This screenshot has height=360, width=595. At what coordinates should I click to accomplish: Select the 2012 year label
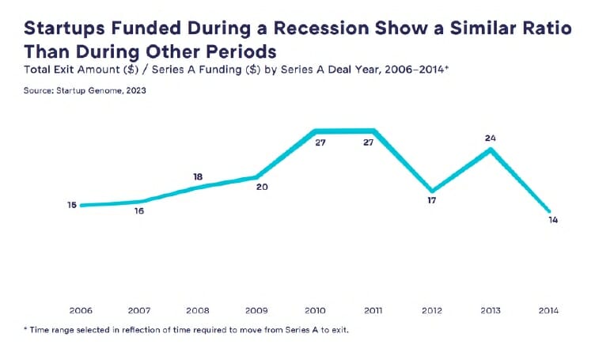[x=432, y=311]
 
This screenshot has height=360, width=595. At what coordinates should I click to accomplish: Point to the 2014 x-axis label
[x=548, y=311]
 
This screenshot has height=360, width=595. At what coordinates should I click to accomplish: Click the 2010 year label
[x=316, y=311]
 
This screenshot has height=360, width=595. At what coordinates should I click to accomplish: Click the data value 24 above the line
[x=491, y=138]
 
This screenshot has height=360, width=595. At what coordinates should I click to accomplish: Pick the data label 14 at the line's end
[x=553, y=220]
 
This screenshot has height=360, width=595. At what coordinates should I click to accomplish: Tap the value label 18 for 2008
[x=199, y=177]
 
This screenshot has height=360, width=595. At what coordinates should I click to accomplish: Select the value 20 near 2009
[x=262, y=188]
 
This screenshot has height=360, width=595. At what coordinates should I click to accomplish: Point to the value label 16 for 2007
[x=139, y=211]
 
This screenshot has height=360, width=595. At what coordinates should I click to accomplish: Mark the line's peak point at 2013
[x=491, y=149]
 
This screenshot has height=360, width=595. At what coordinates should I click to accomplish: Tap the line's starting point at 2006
[x=83, y=205]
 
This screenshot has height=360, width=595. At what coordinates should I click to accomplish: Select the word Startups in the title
[x=62, y=29]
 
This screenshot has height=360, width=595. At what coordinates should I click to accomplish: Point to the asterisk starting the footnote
[x=26, y=328]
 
